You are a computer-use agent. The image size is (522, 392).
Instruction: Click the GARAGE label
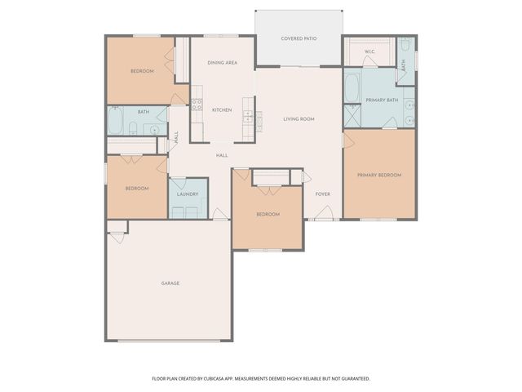[170, 283]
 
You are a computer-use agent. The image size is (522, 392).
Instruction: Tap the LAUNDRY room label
[188, 194]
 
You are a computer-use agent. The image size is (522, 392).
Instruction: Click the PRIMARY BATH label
[381, 100]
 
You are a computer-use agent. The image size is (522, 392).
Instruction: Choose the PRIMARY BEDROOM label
[379, 175]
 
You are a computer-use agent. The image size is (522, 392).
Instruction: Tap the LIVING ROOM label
[299, 119]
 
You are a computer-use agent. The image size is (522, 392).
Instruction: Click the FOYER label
[323, 194]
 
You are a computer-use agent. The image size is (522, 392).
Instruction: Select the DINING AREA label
[222, 62]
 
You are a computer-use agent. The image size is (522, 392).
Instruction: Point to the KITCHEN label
[222, 110]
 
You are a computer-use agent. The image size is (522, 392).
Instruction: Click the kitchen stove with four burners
[197, 104]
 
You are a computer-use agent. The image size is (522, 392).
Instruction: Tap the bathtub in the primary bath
[352, 88]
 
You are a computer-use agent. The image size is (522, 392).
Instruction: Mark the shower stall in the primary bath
[352, 116]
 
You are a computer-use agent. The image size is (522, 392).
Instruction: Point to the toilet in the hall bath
[135, 128]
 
